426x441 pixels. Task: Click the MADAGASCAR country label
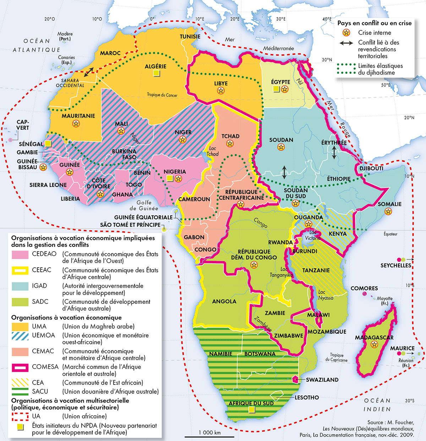click(x=374, y=337)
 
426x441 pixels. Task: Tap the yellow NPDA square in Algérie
click(x=156, y=73)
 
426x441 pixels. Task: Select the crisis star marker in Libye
click(x=221, y=91)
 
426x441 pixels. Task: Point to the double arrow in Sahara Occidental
click(x=89, y=72)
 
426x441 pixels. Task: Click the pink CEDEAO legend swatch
click(x=20, y=254)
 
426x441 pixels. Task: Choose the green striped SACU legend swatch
click(x=20, y=391)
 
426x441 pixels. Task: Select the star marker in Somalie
click(x=388, y=211)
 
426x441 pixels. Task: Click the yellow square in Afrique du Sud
click(x=252, y=410)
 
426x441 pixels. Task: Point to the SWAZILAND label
click(x=322, y=380)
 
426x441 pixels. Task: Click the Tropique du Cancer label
click(x=162, y=95)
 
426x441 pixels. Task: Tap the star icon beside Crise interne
click(x=345, y=33)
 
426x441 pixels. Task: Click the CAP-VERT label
click(x=23, y=125)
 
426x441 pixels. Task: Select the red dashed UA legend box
click(x=20, y=416)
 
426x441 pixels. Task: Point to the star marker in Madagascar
click(x=374, y=344)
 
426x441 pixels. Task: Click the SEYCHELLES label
click(x=395, y=265)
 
